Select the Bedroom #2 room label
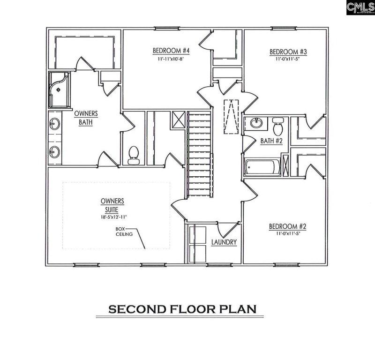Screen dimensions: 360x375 287,227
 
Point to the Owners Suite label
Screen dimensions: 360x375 112,205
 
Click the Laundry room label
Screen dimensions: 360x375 224,242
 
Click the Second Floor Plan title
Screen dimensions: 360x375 182,309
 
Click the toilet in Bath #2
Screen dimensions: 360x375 277,124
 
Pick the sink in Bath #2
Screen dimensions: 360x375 256,123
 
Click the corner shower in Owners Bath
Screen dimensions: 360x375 58,89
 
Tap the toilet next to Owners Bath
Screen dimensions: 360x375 134,154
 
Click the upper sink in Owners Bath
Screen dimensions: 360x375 54,124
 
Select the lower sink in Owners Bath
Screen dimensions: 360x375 54,151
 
